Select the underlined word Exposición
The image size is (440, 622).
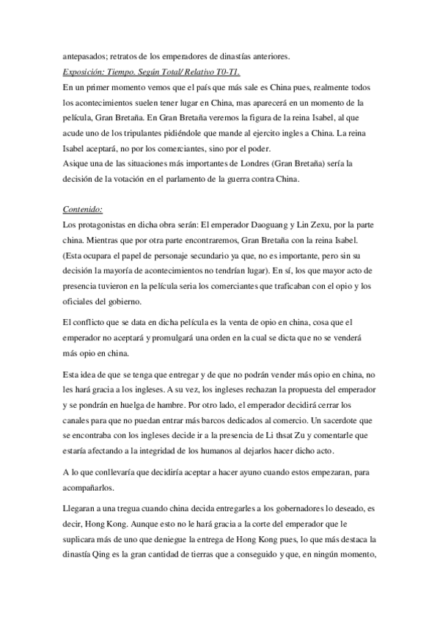coord(86,71)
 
